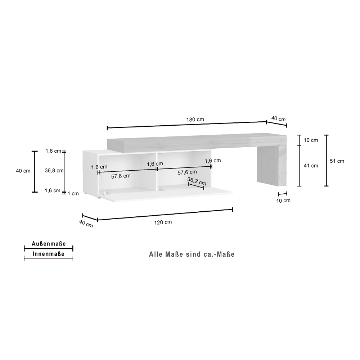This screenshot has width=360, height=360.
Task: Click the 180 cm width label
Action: pyautogui.click(x=195, y=120)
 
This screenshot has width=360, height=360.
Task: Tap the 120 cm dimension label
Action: pyautogui.click(x=163, y=222)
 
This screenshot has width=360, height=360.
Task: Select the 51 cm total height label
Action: pyautogui.click(x=337, y=161)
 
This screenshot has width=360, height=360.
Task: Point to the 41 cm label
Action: pyautogui.click(x=311, y=166)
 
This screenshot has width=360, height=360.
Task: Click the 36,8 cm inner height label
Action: pyautogui.click(x=54, y=171)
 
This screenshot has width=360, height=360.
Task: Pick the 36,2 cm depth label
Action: pyautogui.click(x=197, y=181)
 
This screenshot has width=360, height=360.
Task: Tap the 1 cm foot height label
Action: pyautogui.click(x=73, y=194)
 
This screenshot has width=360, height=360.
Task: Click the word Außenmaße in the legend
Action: pyautogui.click(x=49, y=244)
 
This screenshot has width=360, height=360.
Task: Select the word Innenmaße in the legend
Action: pyautogui.click(x=49, y=254)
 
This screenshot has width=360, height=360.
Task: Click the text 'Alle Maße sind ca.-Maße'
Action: pyautogui.click(x=192, y=255)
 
